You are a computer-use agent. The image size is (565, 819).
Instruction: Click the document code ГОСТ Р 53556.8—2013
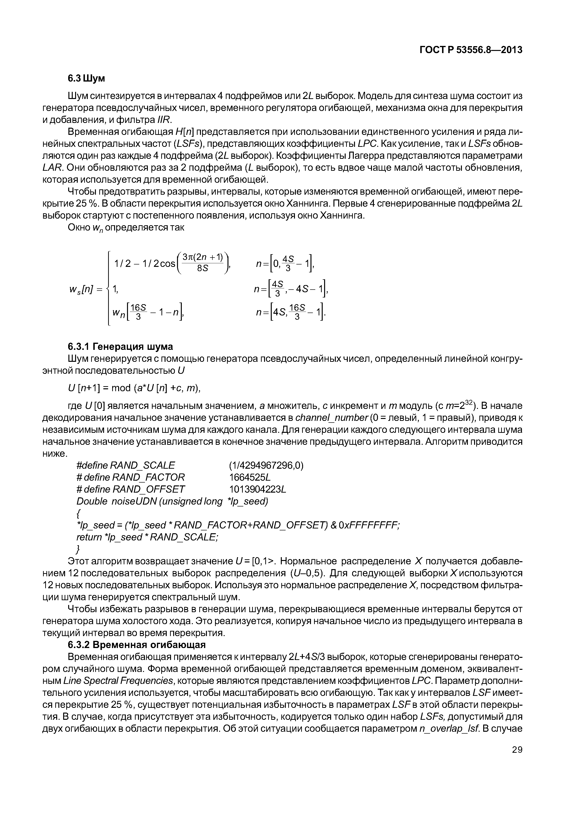[471, 50]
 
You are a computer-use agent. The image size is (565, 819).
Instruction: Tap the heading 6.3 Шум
[86, 78]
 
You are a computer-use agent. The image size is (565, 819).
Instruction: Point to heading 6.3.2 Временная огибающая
[137, 644]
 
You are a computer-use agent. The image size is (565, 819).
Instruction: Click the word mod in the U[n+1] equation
[121, 388]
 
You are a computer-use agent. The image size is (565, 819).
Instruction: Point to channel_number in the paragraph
[332, 418]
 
